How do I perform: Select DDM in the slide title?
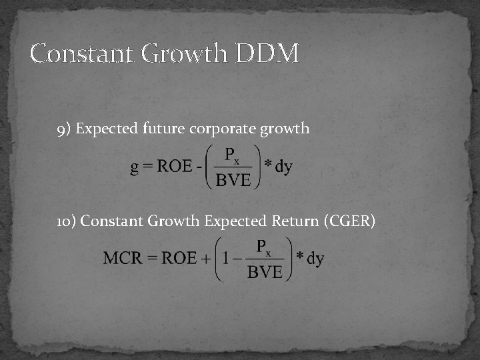click(267, 53)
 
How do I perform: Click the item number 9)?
click(65, 129)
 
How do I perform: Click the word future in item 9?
click(164, 129)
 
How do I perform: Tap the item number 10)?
click(67, 221)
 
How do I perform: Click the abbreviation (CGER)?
click(349, 221)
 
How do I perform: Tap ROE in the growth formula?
click(174, 167)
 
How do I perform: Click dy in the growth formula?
click(283, 167)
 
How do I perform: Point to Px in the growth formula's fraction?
click(233, 156)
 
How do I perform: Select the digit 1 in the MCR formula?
click(226, 258)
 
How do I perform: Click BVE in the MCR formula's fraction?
click(265, 271)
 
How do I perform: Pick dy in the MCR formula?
click(315, 258)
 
